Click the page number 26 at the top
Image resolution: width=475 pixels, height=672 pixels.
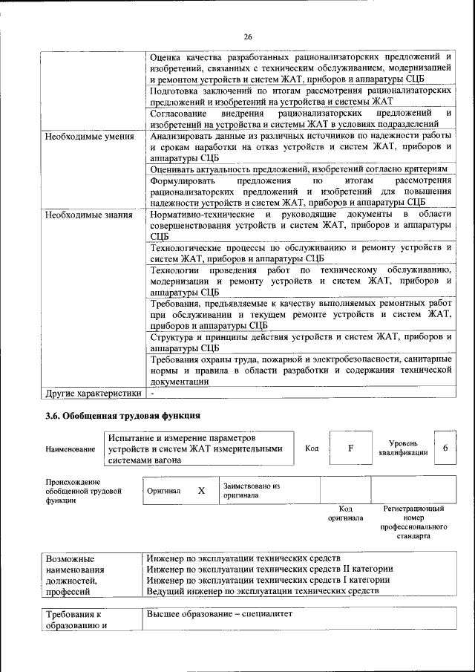(x=248, y=35)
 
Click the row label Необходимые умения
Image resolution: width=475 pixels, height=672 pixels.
(x=89, y=137)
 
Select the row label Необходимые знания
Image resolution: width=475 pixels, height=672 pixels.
(x=88, y=215)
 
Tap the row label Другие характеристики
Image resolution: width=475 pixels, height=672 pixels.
(x=93, y=393)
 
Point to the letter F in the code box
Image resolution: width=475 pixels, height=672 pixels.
(x=351, y=448)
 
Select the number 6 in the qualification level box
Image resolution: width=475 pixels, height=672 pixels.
(x=445, y=448)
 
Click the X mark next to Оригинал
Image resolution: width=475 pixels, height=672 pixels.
(x=200, y=491)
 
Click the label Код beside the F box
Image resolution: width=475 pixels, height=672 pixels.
(x=312, y=448)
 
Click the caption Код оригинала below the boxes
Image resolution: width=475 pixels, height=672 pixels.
(x=345, y=513)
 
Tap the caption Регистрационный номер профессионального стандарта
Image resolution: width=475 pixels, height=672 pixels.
(x=413, y=521)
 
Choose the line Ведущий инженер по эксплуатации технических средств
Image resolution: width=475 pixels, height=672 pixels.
(x=263, y=591)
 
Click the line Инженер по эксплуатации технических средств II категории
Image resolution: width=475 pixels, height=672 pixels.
(x=269, y=569)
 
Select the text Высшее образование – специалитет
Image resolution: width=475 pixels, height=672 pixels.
(x=220, y=616)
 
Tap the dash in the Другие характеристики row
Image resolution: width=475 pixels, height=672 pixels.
(x=152, y=393)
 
